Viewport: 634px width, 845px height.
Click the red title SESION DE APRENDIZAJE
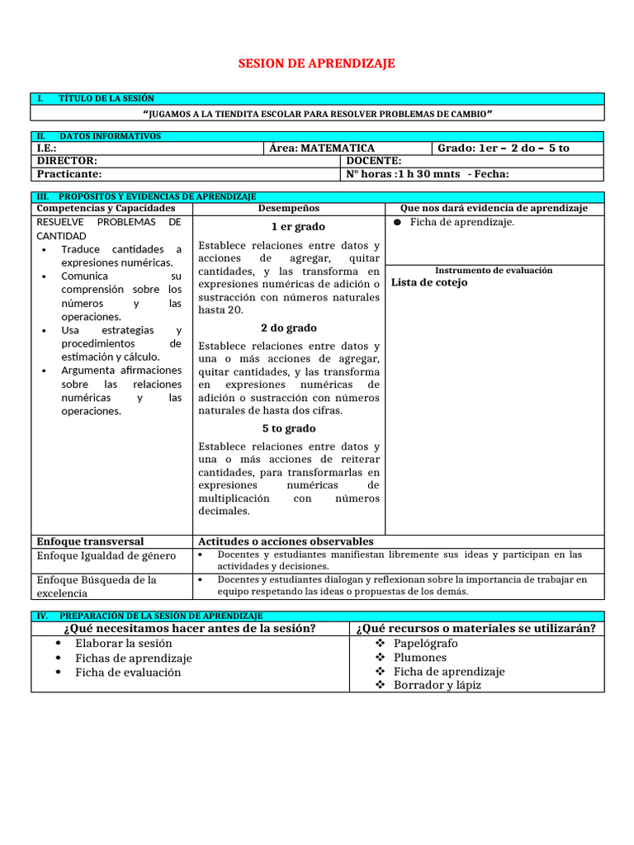pyautogui.click(x=317, y=64)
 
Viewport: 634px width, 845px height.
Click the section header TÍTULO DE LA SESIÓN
pyautogui.click(x=106, y=99)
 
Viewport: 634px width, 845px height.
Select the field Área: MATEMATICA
pyautogui.click(x=322, y=149)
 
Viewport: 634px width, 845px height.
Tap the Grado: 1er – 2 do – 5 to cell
pyautogui.click(x=503, y=149)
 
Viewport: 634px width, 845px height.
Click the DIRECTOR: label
pyautogui.click(x=67, y=161)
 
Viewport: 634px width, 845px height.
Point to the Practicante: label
pyautogui.click(x=69, y=174)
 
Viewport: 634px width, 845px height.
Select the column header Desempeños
pyautogui.click(x=288, y=209)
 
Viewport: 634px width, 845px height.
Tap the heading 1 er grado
pyautogui.click(x=289, y=227)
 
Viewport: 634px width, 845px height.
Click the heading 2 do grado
pyautogui.click(x=289, y=328)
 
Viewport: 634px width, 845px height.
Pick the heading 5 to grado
pyautogui.click(x=289, y=429)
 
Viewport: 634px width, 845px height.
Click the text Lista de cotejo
pyautogui.click(x=429, y=282)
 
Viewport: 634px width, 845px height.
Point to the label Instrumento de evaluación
pyautogui.click(x=494, y=271)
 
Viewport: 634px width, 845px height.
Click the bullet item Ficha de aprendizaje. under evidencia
pyautogui.click(x=461, y=222)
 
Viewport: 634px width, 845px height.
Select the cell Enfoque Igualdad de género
pyautogui.click(x=106, y=556)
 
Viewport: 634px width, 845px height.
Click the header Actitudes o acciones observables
pyautogui.click(x=286, y=541)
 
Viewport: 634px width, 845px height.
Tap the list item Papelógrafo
pyautogui.click(x=425, y=644)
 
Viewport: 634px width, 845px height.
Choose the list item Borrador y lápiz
pyautogui.click(x=437, y=685)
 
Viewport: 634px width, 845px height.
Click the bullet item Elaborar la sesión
pyautogui.click(x=124, y=644)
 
